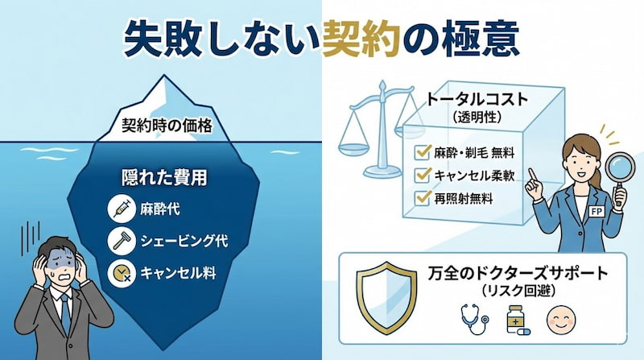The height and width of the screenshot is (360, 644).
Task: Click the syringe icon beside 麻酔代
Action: pyautogui.click(x=119, y=209)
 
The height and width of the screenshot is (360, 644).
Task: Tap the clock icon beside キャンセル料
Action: pyautogui.click(x=119, y=273)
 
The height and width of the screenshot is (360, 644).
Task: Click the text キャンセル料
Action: pyautogui.click(x=180, y=273)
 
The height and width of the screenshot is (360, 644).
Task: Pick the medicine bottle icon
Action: pyautogui.click(x=514, y=321)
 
